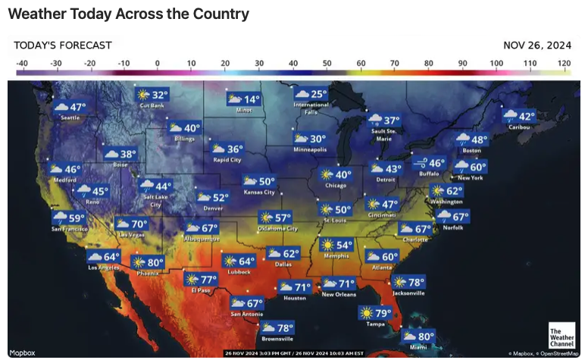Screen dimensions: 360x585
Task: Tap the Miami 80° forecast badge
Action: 418,337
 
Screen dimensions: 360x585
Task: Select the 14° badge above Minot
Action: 243,99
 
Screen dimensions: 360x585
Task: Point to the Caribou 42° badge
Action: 519,117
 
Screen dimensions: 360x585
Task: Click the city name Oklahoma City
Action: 277,228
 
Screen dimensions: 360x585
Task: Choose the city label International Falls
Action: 311,108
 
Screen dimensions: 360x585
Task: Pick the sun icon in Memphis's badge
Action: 328,245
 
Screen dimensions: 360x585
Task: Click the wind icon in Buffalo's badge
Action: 419,163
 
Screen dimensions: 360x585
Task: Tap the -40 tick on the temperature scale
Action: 21,63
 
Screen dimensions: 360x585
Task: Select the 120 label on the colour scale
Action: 564,63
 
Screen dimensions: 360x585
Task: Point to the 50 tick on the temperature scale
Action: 327,63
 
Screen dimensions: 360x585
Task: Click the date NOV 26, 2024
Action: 537,45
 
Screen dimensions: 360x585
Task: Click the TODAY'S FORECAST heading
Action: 63,45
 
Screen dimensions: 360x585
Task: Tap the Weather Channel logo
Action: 561,335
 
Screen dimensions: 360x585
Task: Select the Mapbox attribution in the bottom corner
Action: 22,352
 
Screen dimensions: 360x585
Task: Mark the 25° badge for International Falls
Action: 311,94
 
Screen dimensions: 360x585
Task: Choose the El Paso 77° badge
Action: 200,280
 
